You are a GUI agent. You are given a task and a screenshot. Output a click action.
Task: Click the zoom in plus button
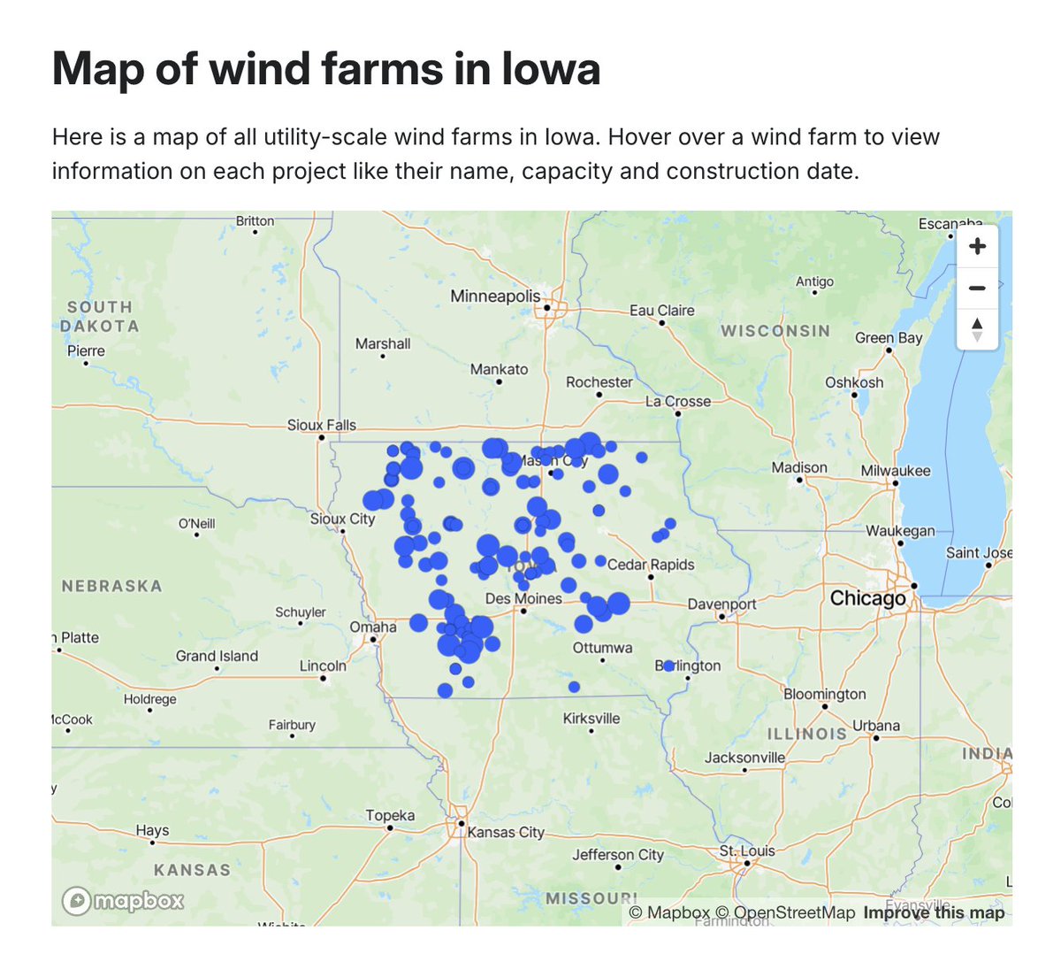[977, 246]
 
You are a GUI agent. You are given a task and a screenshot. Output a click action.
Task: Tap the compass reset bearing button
[977, 328]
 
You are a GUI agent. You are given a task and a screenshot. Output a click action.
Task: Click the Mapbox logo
[123, 901]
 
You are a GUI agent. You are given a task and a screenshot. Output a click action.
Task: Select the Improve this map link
[934, 912]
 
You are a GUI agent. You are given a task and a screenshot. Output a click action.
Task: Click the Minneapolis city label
[494, 296]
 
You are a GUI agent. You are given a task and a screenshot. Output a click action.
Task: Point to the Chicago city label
[867, 598]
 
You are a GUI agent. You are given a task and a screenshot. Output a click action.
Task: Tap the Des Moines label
[523, 599]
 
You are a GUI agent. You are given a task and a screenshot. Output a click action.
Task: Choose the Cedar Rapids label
[651, 565]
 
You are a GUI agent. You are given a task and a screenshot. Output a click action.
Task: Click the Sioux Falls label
[321, 425]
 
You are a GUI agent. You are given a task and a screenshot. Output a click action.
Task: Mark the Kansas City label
[506, 832]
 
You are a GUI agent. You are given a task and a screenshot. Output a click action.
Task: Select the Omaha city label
[373, 627]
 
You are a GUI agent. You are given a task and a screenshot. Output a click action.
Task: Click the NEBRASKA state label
[111, 586]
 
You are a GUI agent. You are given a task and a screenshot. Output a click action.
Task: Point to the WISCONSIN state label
[775, 331]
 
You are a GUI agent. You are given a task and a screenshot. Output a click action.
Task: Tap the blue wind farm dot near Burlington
[668, 666]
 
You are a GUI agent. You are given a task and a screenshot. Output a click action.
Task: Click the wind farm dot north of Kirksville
[574, 687]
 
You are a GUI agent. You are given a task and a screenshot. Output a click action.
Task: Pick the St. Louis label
[747, 850]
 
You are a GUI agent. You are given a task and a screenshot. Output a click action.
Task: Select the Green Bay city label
[888, 338]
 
